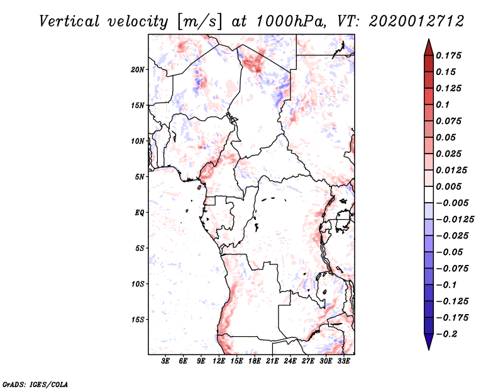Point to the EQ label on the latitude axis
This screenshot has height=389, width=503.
click(x=140, y=212)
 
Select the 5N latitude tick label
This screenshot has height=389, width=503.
click(x=140, y=176)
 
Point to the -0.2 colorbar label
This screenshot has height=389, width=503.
click(x=448, y=334)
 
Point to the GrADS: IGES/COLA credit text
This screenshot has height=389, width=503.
click(x=26, y=383)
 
